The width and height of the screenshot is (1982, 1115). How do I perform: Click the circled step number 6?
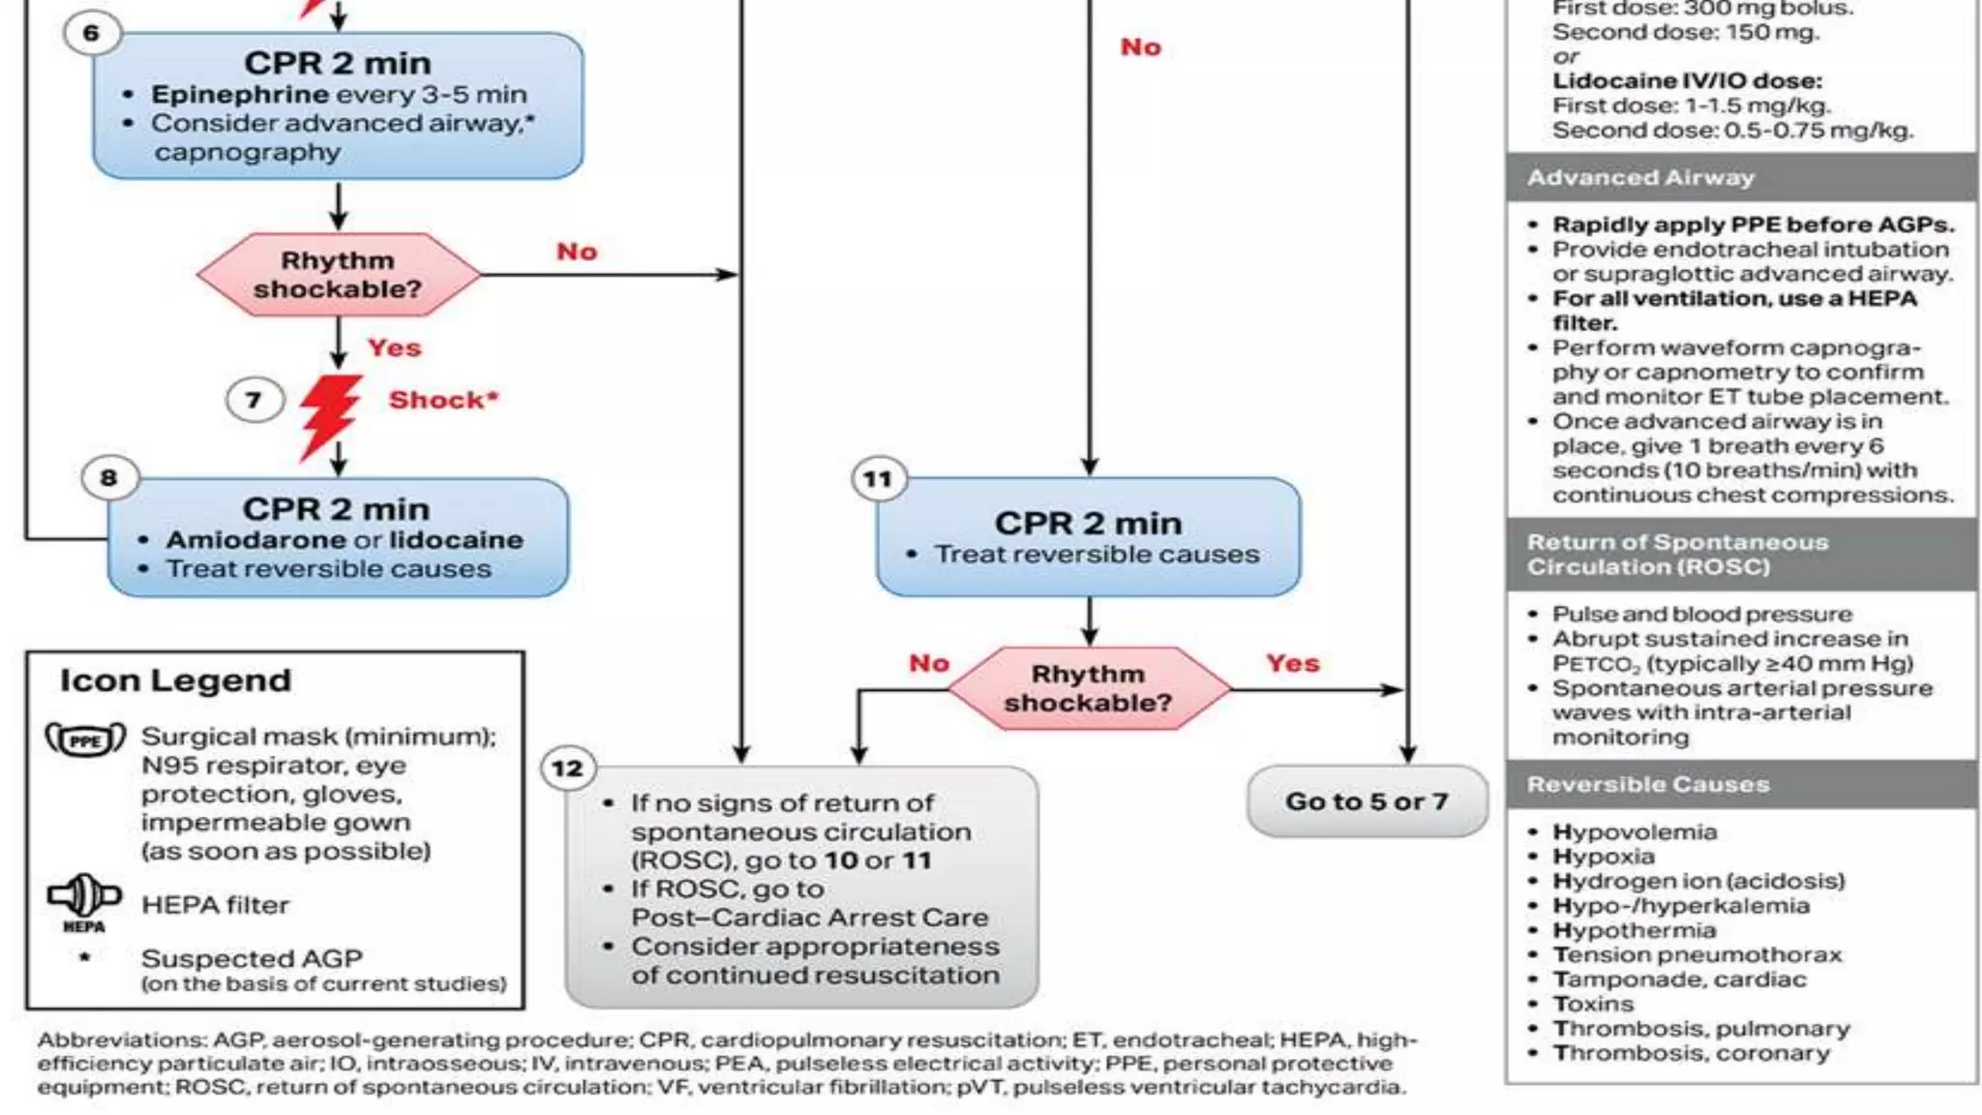click(x=91, y=34)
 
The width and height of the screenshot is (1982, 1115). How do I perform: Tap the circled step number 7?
click(x=254, y=400)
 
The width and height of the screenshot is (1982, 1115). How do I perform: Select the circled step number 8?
click(x=108, y=478)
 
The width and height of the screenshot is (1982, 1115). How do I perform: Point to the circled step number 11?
click(x=878, y=479)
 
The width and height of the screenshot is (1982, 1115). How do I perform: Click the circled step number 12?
click(x=567, y=769)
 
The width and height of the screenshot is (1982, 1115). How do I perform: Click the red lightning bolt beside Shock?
click(x=329, y=416)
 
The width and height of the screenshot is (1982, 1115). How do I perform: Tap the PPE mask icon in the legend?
click(x=85, y=740)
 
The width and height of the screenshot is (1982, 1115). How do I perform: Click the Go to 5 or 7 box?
click(x=1366, y=801)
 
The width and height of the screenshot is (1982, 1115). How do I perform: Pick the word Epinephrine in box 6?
click(x=240, y=95)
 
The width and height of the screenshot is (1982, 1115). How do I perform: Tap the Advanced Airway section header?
click(x=1640, y=178)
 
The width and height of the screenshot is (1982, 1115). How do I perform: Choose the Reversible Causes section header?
click(x=1648, y=784)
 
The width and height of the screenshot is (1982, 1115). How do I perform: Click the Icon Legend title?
click(x=175, y=680)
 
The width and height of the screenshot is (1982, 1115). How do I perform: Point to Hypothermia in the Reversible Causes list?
click(x=1635, y=930)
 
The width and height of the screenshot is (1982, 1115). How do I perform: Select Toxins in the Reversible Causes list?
click(x=1593, y=1004)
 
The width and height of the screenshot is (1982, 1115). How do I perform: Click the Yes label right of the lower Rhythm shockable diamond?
click(x=1293, y=663)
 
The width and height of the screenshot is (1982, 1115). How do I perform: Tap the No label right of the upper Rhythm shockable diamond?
click(x=577, y=252)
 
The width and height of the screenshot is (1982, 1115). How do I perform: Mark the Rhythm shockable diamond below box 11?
click(x=1089, y=688)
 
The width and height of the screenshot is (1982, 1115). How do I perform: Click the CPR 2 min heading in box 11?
click(x=1089, y=524)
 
